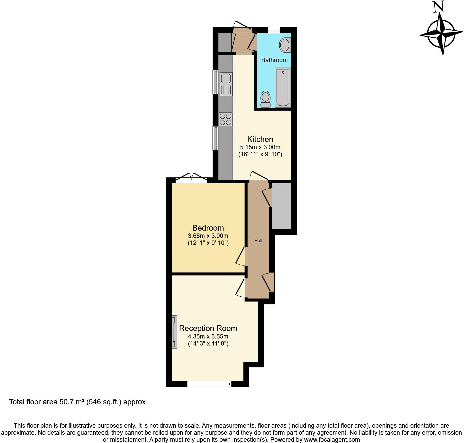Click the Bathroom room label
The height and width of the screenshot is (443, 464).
point(274,60)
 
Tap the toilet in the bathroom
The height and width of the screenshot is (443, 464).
point(265,99)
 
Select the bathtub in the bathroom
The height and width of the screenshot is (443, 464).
point(283,87)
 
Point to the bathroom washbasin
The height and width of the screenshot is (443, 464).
point(285,45)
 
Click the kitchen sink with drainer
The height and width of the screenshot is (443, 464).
point(226,84)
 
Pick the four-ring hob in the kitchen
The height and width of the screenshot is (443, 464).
point(225,119)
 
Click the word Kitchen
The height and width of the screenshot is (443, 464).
point(260,139)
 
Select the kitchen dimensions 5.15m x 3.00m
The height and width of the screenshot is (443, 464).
point(260,147)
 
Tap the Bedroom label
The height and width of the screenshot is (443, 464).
point(208,228)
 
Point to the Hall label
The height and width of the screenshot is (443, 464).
point(258,241)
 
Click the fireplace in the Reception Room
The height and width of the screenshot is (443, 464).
point(174,332)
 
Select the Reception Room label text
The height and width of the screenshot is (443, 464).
point(208,328)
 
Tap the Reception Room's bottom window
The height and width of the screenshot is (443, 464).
point(209,383)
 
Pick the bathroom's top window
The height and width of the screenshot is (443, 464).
point(274,30)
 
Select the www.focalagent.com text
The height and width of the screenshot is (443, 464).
point(332,440)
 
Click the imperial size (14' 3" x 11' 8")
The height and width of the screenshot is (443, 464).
point(208,343)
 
